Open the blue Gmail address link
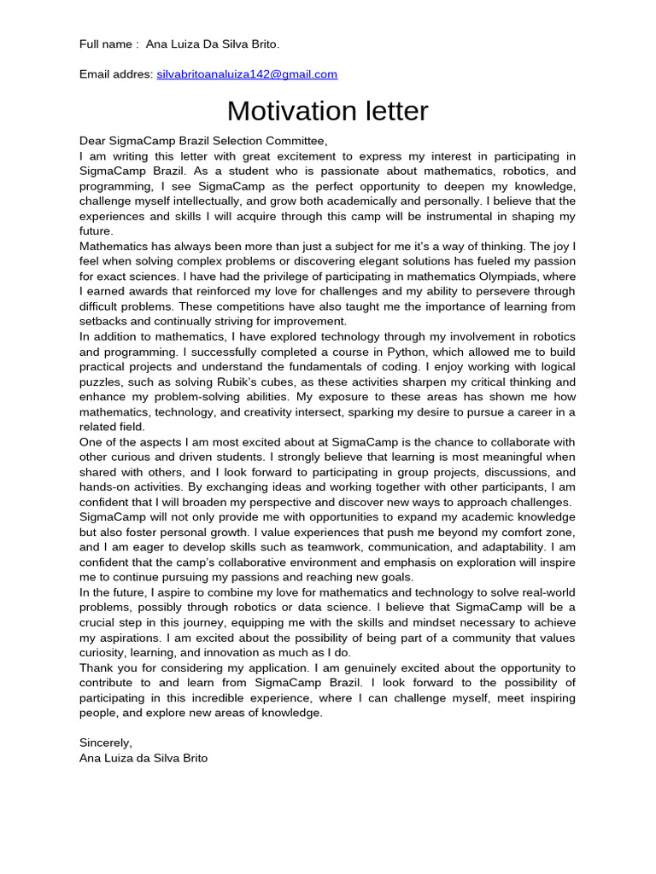(x=247, y=74)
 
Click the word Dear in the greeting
(x=94, y=141)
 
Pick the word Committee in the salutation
(x=295, y=141)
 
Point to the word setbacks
(x=105, y=322)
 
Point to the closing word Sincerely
(x=106, y=743)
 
